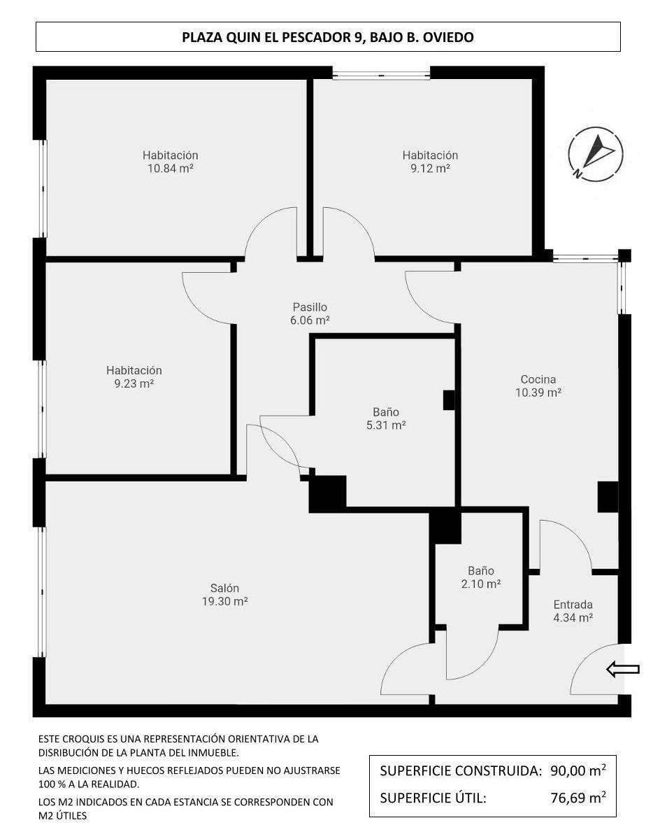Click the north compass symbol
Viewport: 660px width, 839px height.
point(595,154)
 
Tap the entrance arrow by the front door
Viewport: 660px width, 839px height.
point(622,670)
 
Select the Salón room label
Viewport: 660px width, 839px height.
point(224,588)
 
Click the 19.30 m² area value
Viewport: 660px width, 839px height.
point(224,602)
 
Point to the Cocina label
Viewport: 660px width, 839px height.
point(538,379)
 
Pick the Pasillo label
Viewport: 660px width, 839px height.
point(310,307)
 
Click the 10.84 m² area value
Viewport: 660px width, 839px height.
point(170,169)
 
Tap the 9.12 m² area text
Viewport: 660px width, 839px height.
point(429,169)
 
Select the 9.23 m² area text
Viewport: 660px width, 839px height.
point(134,384)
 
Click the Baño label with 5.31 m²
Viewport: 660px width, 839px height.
point(386,412)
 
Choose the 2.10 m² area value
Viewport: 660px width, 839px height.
point(480,584)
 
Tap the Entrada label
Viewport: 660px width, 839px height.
point(573,605)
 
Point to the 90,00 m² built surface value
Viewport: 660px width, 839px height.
point(577,771)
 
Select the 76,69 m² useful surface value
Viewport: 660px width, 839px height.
point(577,797)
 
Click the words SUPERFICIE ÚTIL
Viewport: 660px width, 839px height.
point(433,797)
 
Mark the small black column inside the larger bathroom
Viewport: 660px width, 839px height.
point(449,400)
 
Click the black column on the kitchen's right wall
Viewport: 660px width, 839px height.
point(607,497)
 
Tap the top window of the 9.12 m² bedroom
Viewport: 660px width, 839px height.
point(381,74)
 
